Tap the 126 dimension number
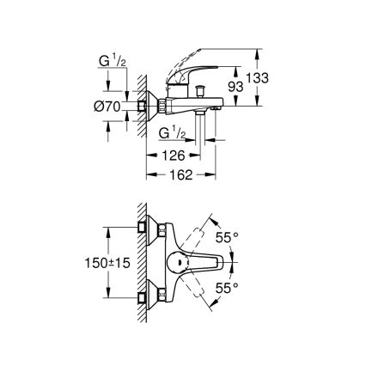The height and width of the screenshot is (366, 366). [x=173, y=156]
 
